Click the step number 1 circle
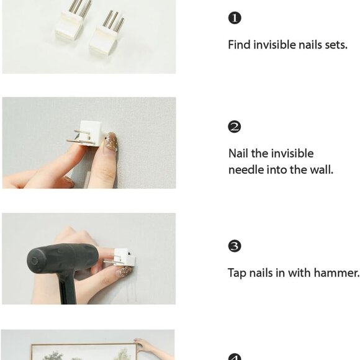pyautogui.click(x=235, y=18)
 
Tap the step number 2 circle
pyautogui.click(x=235, y=127)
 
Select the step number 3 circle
pyautogui.click(x=235, y=246)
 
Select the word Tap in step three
pyautogui.click(x=237, y=273)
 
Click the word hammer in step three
pyautogui.click(x=336, y=272)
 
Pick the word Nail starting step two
pyautogui.click(x=238, y=153)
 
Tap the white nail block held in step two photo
pyautogui.click(x=90, y=133)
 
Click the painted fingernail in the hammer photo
pyautogui.click(x=126, y=271)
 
